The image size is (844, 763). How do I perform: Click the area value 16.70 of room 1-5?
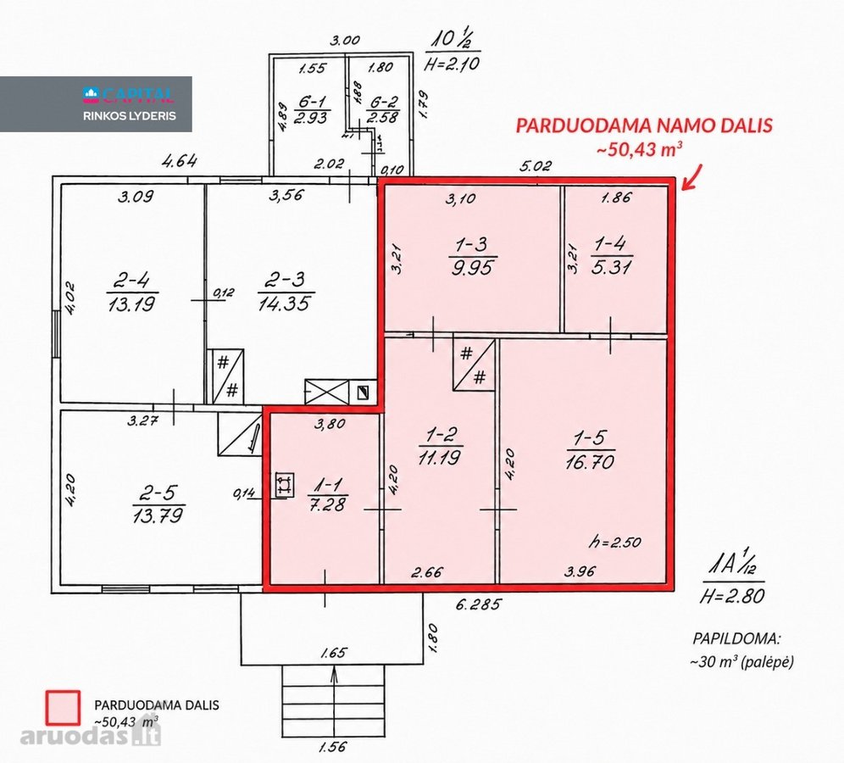pos(590,461)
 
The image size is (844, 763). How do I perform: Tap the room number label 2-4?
pos(131,281)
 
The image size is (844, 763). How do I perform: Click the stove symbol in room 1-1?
pos(284,484)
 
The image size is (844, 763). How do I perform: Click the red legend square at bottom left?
pos(63,708)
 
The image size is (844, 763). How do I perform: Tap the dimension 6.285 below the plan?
pos(478,604)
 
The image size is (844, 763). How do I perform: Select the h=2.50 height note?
pos(614,542)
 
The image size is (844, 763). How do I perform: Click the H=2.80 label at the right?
pos(732,595)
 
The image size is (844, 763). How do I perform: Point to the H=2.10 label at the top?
pos(451,64)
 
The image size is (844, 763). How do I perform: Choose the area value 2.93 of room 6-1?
pos(312,118)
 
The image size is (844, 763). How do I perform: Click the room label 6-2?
pos(382,101)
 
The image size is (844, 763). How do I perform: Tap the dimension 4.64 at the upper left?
pos(180,161)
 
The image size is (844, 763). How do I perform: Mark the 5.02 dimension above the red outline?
pos(536,166)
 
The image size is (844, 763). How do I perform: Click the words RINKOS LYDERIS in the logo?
pos(129,116)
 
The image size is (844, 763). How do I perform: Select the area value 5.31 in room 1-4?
pos(611,268)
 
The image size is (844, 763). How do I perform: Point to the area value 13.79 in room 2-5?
pos(158,515)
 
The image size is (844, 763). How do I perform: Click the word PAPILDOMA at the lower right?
pos(736,639)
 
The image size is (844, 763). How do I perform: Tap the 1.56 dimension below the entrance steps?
pos(333,747)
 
